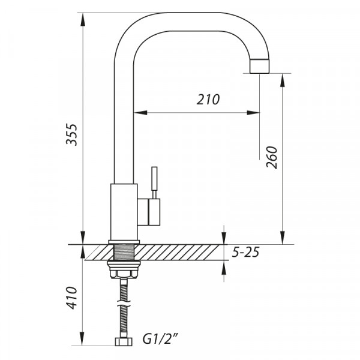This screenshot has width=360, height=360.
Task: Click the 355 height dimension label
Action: pos(71,134)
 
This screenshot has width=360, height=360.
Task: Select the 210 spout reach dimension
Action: pos(208,100)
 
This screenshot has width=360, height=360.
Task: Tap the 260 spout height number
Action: pos(272,157)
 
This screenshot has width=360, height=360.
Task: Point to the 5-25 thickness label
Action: pos(245,252)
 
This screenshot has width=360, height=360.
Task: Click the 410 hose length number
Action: pos(71,298)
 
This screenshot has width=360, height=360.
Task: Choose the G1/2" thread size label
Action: pos(160,339)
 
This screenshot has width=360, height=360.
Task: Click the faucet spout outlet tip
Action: pos(259,66)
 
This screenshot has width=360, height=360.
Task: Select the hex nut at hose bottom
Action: pos(124,341)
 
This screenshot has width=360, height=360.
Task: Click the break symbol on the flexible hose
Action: pos(124,303)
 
